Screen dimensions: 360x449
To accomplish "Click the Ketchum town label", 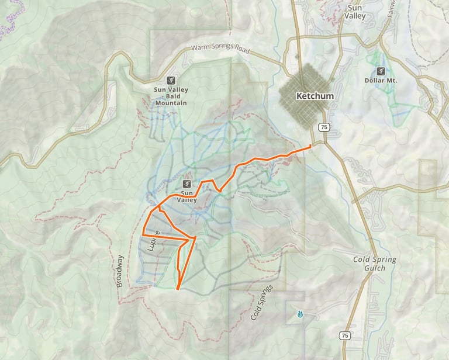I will point(315,96).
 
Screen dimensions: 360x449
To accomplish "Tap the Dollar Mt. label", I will point(381,80).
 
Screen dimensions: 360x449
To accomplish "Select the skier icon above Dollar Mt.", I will point(381,71).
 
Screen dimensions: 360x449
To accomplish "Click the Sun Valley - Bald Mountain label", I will point(171,96).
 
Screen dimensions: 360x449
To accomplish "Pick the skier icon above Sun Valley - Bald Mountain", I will point(171,81).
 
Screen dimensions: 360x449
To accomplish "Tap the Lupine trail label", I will point(154,240).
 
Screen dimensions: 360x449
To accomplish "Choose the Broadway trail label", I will point(120,271).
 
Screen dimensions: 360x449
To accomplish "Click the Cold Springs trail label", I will point(261,303).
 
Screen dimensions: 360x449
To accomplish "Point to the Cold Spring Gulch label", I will point(375,263).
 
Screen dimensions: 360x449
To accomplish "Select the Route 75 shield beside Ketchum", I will point(323,127).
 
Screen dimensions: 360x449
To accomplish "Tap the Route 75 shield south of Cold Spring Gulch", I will point(345,335).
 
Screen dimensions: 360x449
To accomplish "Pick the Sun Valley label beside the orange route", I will point(188,196).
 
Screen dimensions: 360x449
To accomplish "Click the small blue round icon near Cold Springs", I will point(300,314).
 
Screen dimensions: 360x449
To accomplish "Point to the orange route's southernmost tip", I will point(177,289).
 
